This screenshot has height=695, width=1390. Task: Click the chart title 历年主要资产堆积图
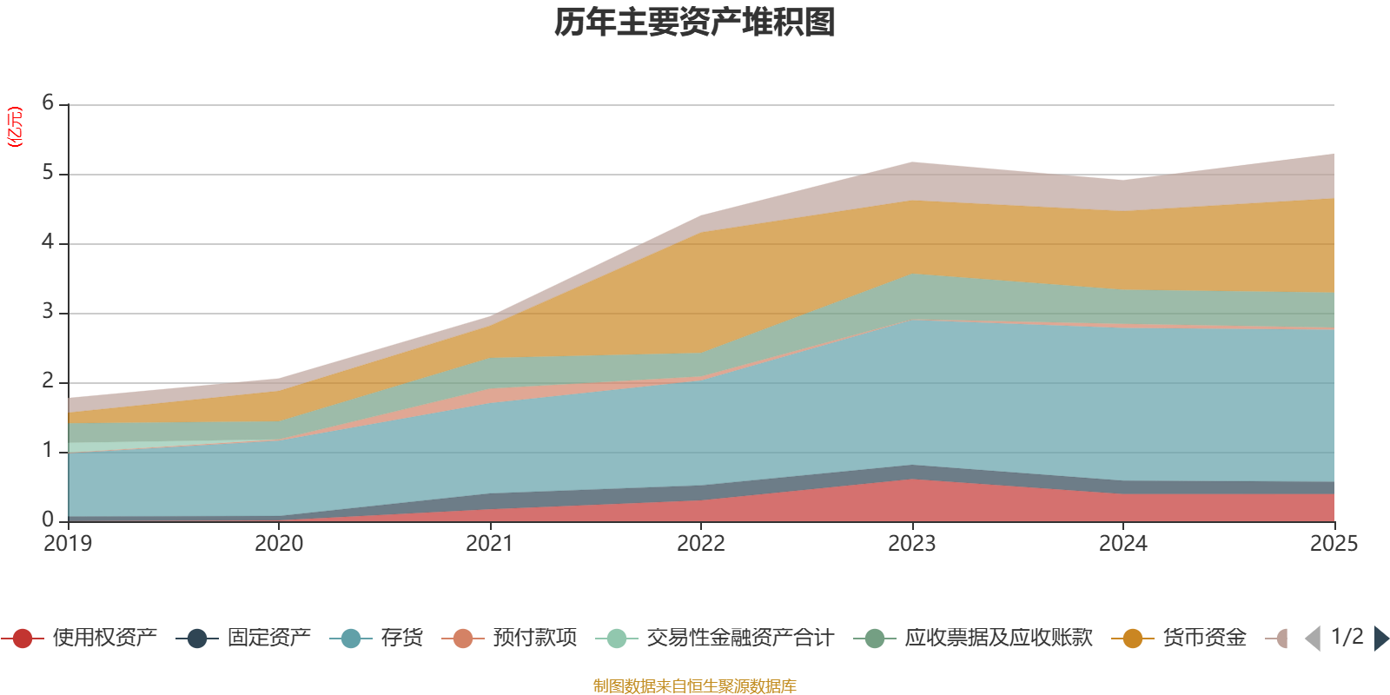coord(695,23)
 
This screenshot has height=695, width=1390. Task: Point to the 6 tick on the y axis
coord(48,103)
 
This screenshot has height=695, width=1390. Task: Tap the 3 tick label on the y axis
coord(48,312)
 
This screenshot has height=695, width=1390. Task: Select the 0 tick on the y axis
coord(48,520)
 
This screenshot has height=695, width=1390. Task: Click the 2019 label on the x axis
coord(68,544)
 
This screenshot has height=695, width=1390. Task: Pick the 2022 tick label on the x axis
coord(700,544)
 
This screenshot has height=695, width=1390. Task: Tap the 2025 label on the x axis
coord(1333,544)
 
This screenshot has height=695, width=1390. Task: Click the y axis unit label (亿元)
coord(15,127)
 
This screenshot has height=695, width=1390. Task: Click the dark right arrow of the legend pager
coord(1381,639)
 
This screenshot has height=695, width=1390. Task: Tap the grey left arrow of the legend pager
coord(1313,639)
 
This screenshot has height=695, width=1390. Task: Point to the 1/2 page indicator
coord(1347,637)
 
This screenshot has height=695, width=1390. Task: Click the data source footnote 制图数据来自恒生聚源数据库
coord(695,686)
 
